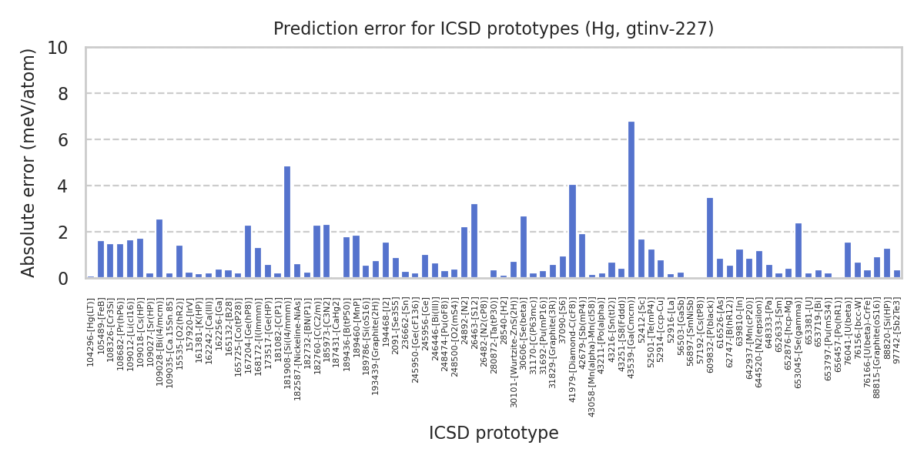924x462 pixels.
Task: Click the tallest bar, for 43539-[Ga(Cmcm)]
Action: [x=631, y=200]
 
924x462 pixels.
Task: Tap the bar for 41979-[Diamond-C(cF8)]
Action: [x=572, y=231]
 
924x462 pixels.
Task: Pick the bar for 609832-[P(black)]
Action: [x=710, y=238]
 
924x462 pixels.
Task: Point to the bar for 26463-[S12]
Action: [x=474, y=241]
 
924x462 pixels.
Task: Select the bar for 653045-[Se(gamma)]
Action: [x=798, y=250]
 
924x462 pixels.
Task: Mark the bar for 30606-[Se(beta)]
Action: [x=524, y=247]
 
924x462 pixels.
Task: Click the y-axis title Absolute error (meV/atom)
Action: [x=29, y=162]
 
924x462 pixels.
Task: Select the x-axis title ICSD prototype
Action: [x=494, y=434]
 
